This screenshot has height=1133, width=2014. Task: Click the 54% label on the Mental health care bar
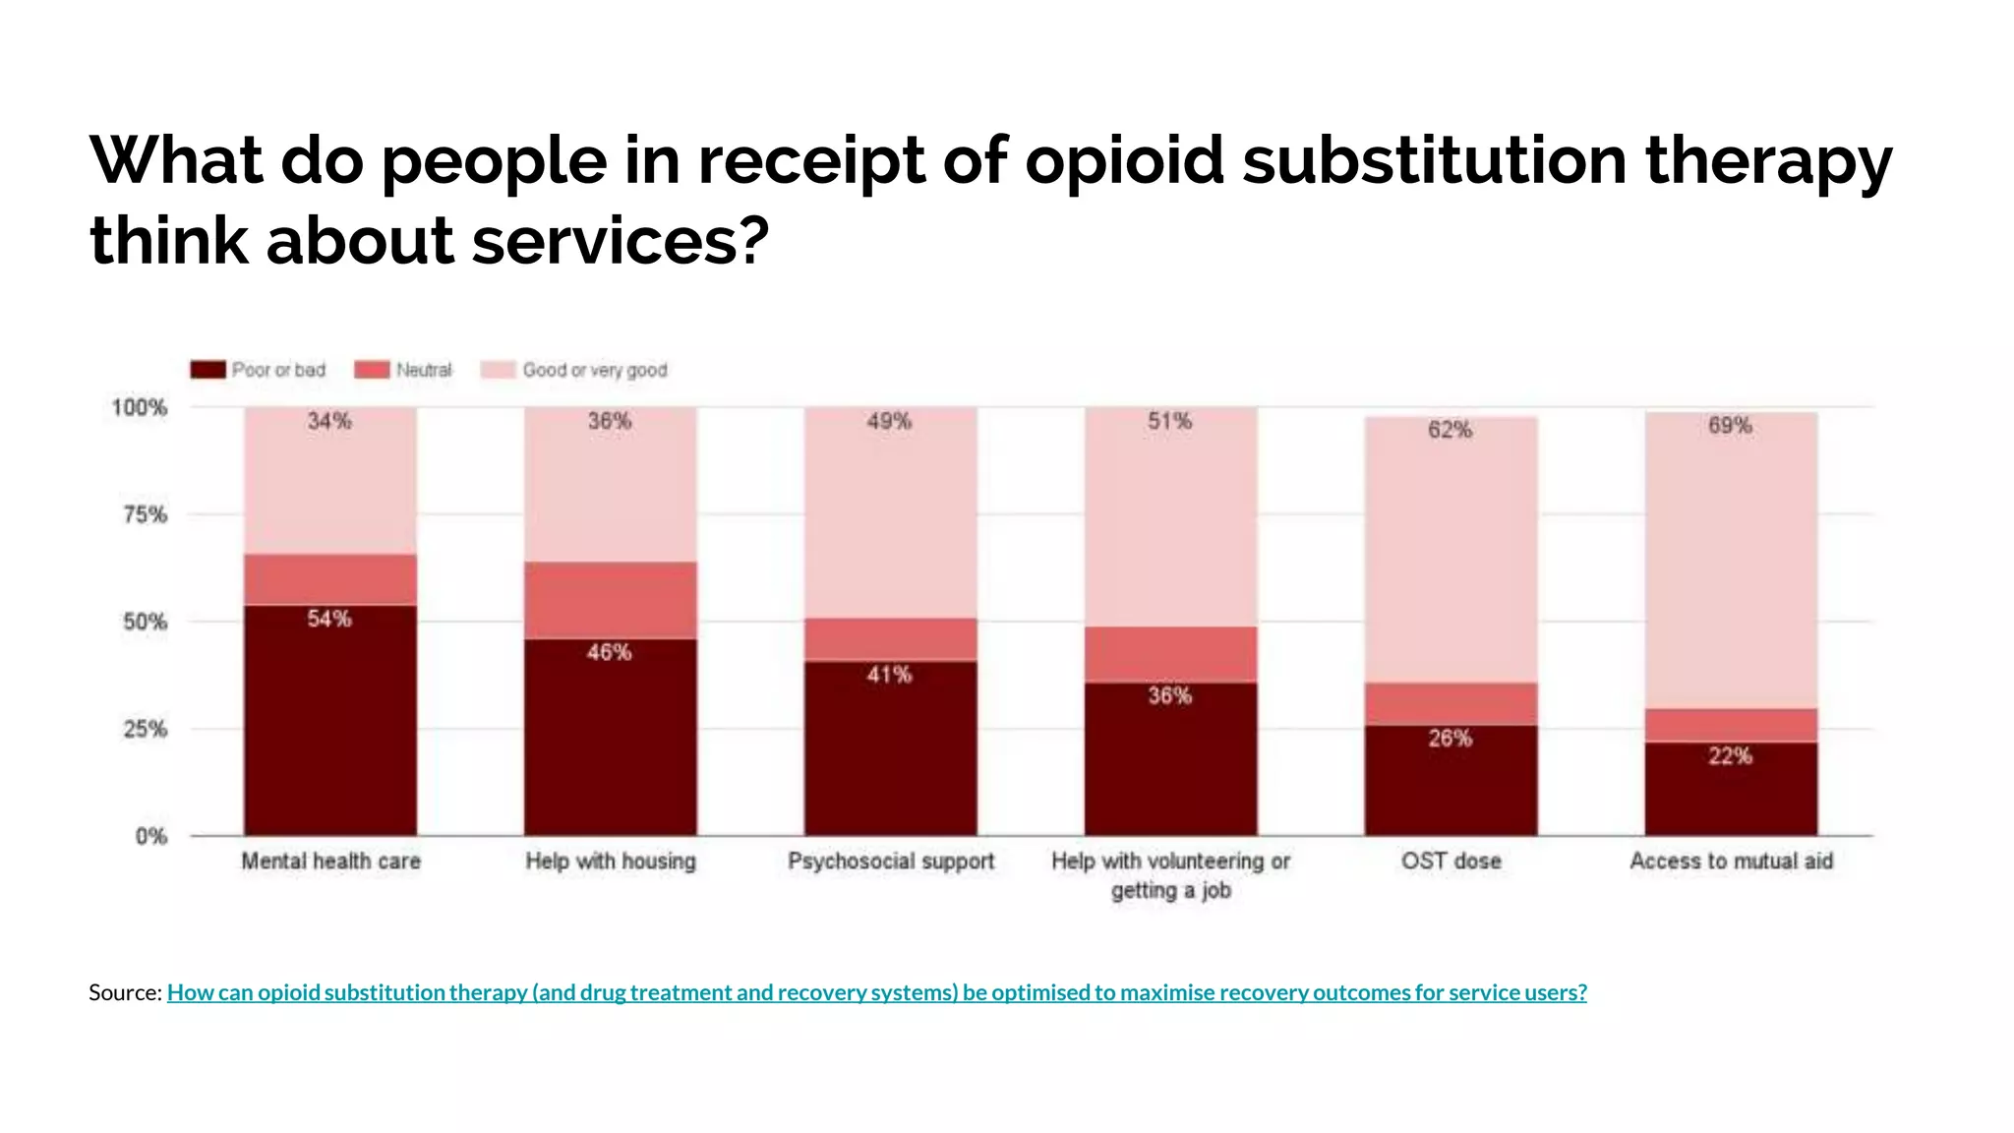click(x=329, y=619)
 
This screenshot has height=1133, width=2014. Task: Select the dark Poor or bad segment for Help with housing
click(x=610, y=747)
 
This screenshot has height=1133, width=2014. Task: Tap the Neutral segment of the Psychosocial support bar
click(x=890, y=639)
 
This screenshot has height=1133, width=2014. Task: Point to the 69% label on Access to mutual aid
click(x=1730, y=425)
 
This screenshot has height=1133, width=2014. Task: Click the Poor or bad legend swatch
click(x=207, y=370)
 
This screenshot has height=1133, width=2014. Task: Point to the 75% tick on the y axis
click(x=145, y=514)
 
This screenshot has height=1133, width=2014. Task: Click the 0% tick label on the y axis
click(x=151, y=836)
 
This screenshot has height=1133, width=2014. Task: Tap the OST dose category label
click(x=1451, y=861)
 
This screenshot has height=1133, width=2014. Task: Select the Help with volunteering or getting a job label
click(x=1170, y=874)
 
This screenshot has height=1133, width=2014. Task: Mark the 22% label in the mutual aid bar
click(x=1730, y=756)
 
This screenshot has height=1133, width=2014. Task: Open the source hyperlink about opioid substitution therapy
click(x=876, y=992)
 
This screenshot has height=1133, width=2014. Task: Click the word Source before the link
click(x=124, y=992)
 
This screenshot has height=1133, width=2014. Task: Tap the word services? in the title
click(x=620, y=240)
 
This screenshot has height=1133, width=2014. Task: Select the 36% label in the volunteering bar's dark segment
click(x=1169, y=696)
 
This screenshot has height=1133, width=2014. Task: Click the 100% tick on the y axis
click(x=139, y=407)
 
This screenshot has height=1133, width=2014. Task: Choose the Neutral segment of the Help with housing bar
click(x=610, y=600)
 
